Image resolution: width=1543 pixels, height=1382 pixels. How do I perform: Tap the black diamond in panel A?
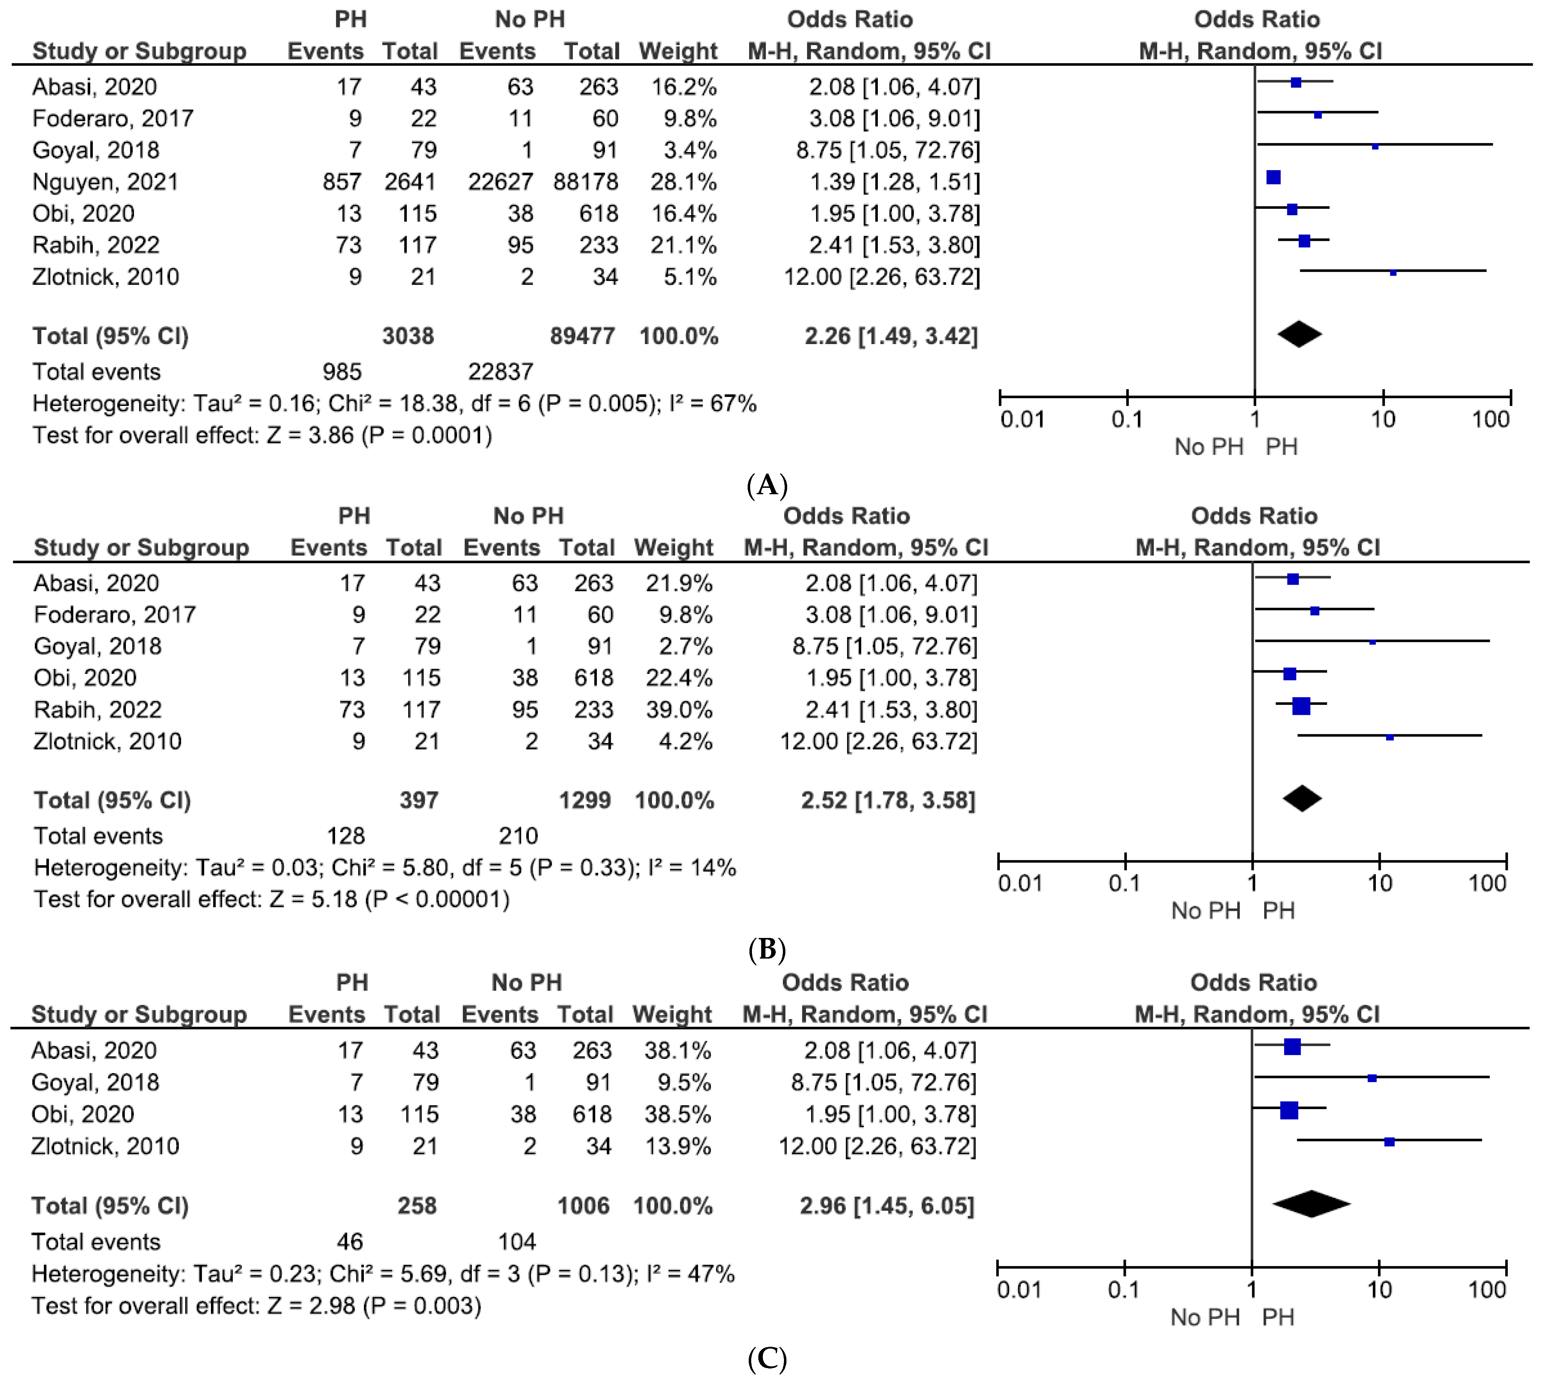1299,334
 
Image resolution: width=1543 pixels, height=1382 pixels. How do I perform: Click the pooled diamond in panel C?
1311,1203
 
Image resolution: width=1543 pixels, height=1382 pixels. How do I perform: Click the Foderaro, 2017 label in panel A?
112,118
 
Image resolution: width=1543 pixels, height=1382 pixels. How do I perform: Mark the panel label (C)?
767,1359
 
